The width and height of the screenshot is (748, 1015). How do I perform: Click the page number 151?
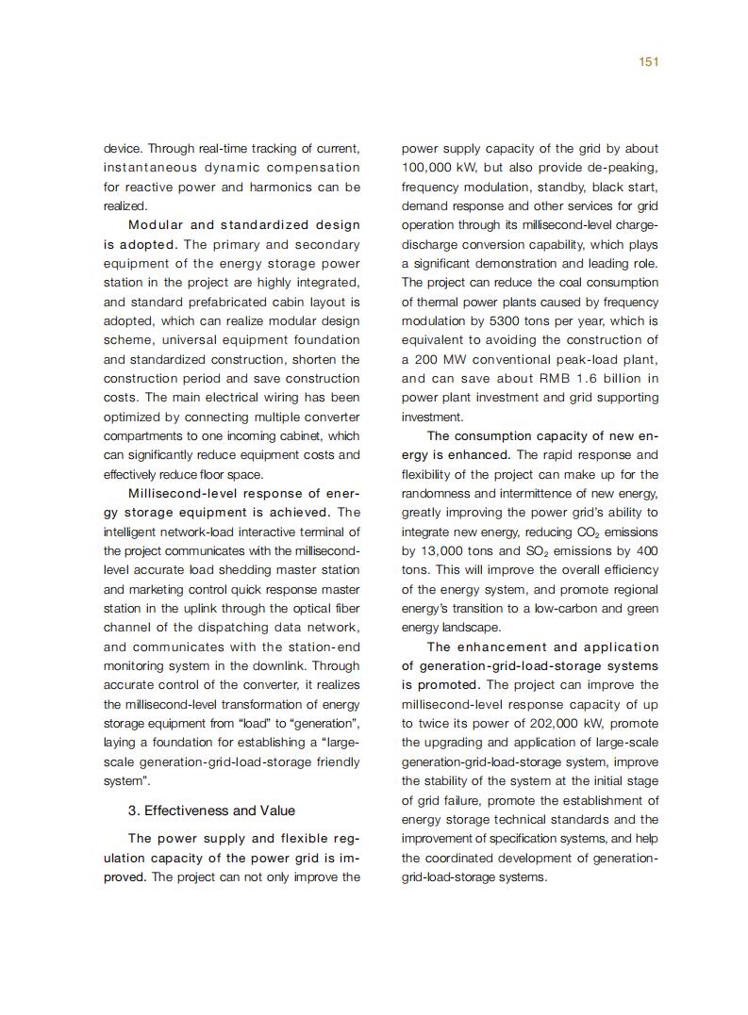648,61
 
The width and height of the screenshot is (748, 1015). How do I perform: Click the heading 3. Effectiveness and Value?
211,810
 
